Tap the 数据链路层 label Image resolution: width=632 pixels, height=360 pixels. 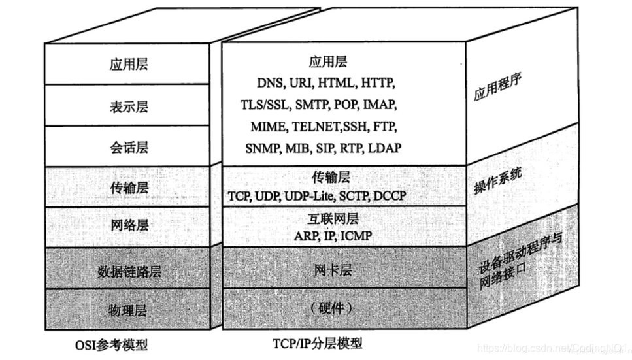129,271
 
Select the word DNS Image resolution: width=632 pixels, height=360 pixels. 269,83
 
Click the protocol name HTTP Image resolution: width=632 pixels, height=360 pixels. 379,83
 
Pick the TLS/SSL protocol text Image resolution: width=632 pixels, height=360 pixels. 264,104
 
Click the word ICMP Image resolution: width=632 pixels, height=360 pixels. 356,235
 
